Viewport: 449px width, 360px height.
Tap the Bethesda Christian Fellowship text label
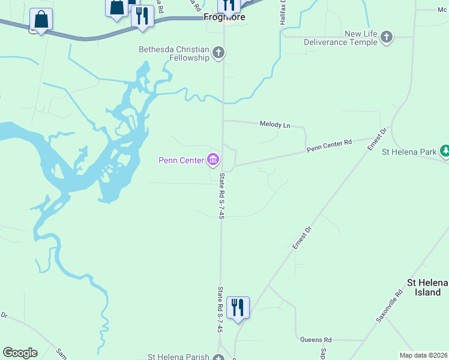coord(174,53)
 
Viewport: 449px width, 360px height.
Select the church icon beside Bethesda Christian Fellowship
coord(218,53)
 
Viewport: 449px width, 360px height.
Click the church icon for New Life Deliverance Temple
coord(387,38)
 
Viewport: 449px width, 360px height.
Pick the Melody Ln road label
coord(275,125)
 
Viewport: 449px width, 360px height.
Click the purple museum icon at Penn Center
coord(212,160)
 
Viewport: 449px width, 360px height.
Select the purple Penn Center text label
coord(181,160)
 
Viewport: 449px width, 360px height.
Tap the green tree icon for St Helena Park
coord(445,151)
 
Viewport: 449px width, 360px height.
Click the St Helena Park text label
coord(409,152)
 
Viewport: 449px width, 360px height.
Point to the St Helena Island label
coord(427,287)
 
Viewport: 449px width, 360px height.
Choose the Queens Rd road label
coord(316,340)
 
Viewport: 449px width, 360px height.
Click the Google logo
coord(20,352)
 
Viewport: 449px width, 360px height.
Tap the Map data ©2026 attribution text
coord(424,355)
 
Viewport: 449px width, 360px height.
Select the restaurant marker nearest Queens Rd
coord(238,308)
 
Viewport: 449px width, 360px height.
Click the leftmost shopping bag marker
coord(41,20)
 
